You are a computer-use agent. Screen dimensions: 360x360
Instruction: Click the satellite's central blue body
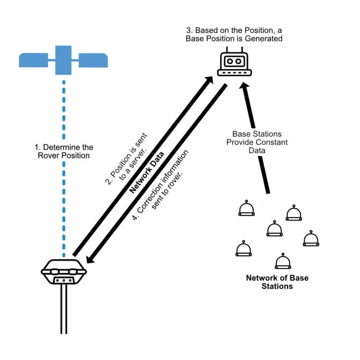tap(63, 60)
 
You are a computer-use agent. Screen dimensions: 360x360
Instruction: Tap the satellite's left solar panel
tap(33, 60)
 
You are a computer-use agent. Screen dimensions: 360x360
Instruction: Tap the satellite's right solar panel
tap(93, 60)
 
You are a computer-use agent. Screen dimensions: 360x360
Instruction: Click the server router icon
tap(234, 62)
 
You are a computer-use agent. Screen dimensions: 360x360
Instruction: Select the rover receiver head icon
tap(64, 272)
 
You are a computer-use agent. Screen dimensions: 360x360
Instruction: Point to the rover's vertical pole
tap(64, 309)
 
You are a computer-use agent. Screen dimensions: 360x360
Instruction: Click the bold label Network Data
tap(147, 172)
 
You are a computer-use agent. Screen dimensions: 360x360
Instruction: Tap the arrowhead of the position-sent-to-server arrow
tap(208, 80)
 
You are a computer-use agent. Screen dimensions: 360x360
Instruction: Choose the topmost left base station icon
tap(246, 208)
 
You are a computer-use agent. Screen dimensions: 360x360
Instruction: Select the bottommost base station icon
tap(283, 261)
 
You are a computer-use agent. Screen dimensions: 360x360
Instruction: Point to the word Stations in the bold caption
tap(277, 286)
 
